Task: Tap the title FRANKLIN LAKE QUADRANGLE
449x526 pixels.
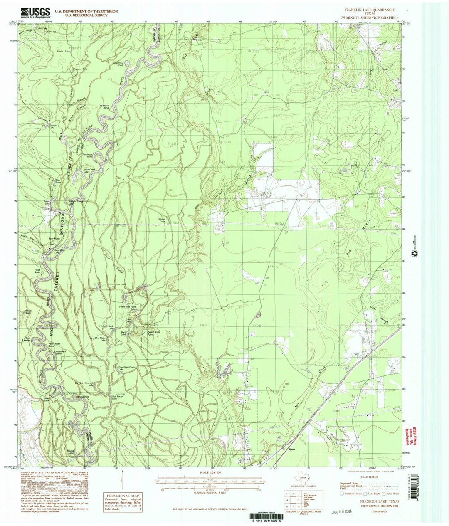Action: tap(367, 9)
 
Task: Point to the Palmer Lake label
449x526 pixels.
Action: tap(161, 220)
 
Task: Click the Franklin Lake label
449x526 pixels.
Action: tap(52, 126)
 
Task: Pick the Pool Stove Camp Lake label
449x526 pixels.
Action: tap(127, 368)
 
